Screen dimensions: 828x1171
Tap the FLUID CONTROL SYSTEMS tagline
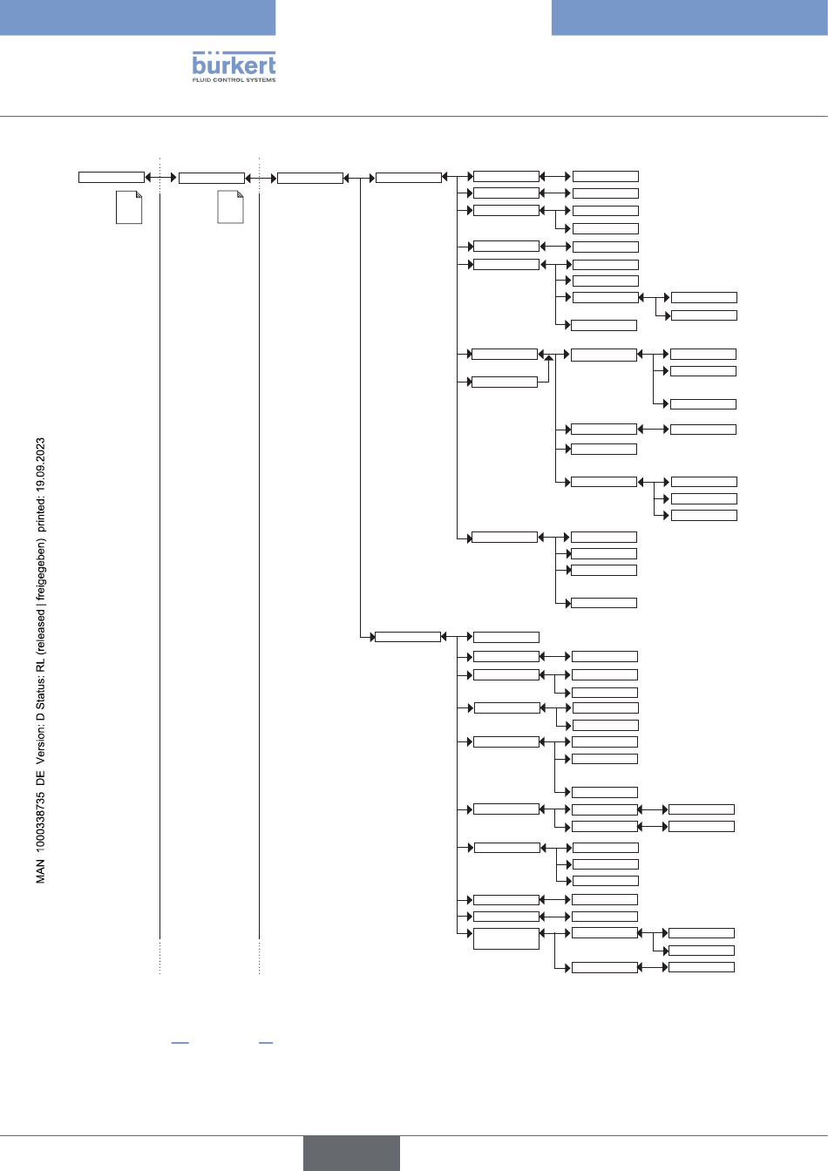(x=234, y=80)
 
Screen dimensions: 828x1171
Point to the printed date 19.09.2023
(x=41, y=467)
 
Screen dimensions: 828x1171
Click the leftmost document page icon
(x=129, y=207)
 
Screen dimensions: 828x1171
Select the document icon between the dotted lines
(x=230, y=207)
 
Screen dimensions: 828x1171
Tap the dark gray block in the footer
(x=351, y=1153)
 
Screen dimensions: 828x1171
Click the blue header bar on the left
(x=138, y=17)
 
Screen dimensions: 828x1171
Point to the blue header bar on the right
(x=689, y=17)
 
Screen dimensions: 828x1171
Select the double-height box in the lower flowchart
(x=506, y=938)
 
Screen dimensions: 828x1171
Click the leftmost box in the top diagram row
(x=112, y=178)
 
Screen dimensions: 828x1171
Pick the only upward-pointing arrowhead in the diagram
(x=549, y=358)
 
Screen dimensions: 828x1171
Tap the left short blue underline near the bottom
(x=180, y=1042)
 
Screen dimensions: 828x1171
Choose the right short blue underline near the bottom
(x=266, y=1042)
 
